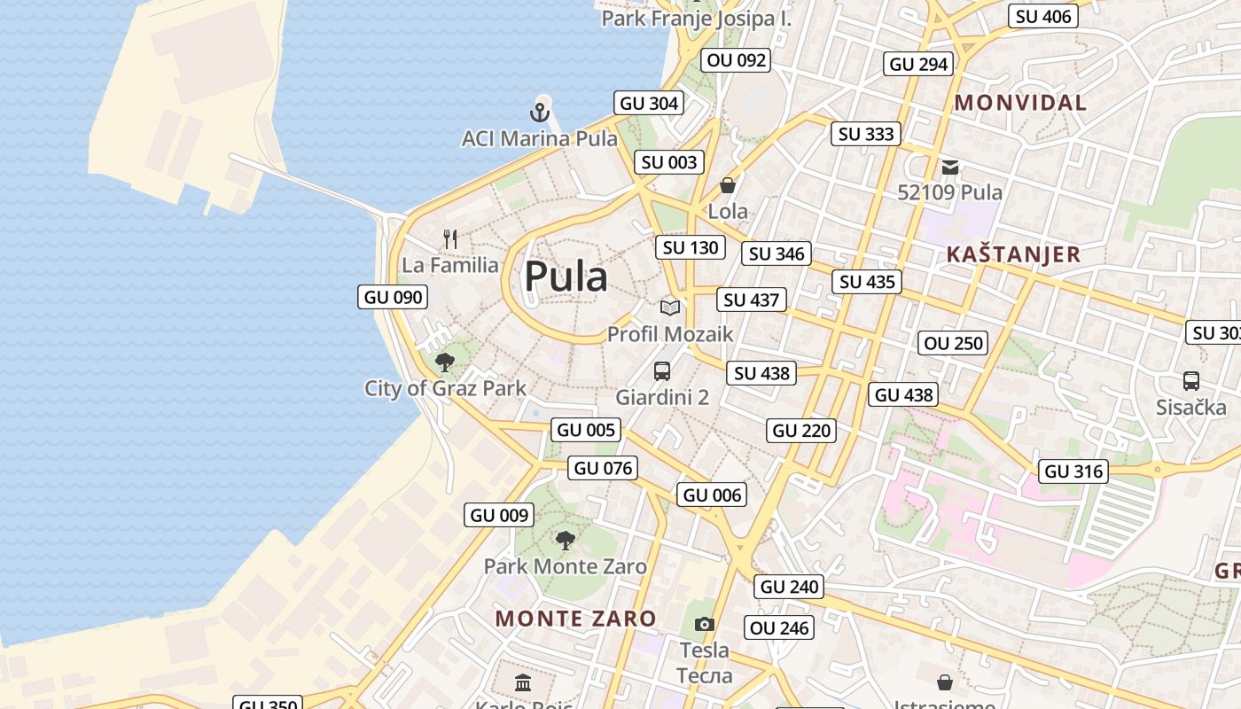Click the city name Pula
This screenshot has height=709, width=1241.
pyautogui.click(x=566, y=277)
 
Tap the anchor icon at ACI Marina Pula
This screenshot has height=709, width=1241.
pyautogui.click(x=540, y=113)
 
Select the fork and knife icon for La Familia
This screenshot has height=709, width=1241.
pyautogui.click(x=450, y=238)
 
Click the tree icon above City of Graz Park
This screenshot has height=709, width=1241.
pyautogui.click(x=445, y=362)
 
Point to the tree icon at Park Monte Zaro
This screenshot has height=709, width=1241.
pyautogui.click(x=565, y=540)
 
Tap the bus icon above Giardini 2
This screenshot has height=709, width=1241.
pyautogui.click(x=662, y=371)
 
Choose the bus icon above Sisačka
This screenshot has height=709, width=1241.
pyautogui.click(x=1191, y=381)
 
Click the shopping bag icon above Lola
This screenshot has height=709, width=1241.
pyautogui.click(x=728, y=185)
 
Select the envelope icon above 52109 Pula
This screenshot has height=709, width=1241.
pyautogui.click(x=950, y=167)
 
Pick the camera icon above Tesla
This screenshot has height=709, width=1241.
pyautogui.click(x=705, y=624)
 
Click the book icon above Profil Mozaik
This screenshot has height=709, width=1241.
pyautogui.click(x=670, y=308)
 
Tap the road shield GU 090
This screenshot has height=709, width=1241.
pyautogui.click(x=394, y=297)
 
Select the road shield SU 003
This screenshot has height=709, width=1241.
pyautogui.click(x=669, y=162)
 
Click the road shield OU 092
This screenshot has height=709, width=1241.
pyautogui.click(x=736, y=60)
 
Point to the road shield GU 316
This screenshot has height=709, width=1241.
pyautogui.click(x=1074, y=471)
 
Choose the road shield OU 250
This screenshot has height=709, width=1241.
pyautogui.click(x=954, y=343)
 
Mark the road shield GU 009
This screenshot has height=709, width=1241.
pyautogui.click(x=499, y=515)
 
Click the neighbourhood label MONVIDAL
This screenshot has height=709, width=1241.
pyautogui.click(x=1020, y=103)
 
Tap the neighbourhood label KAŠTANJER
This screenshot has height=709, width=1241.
pyautogui.click(x=1013, y=254)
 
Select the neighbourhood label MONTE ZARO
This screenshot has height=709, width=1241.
pyautogui.click(x=575, y=618)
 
